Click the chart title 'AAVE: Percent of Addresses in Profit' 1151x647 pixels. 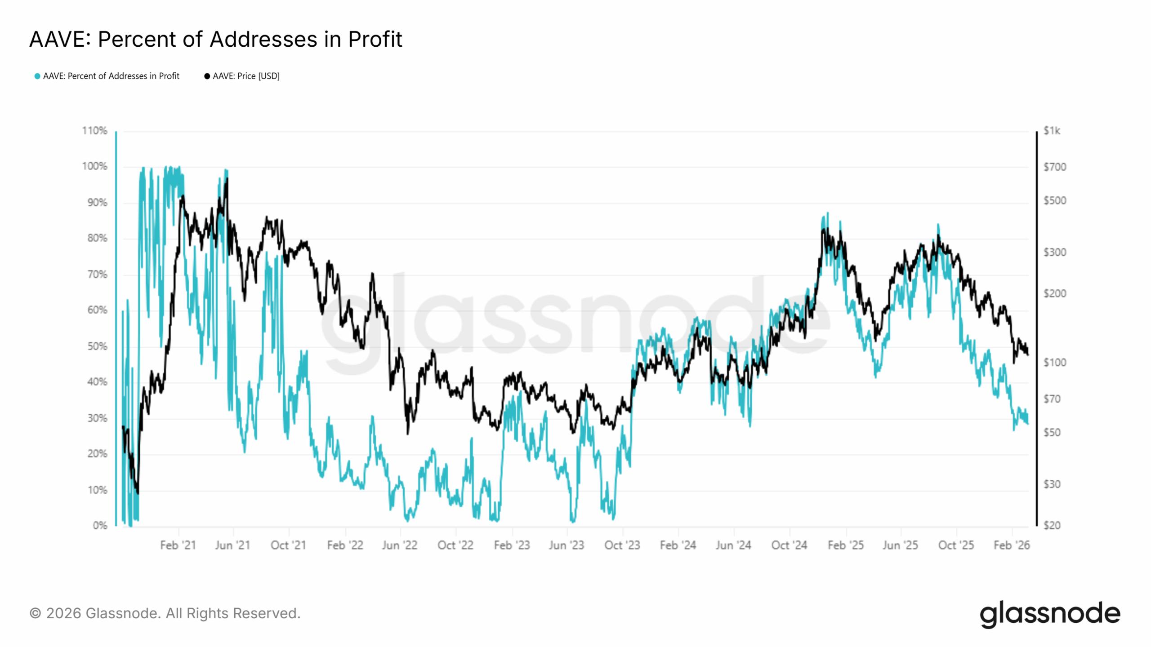[x=216, y=39]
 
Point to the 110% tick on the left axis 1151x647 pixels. [x=94, y=131]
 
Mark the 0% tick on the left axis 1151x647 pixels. [x=100, y=525]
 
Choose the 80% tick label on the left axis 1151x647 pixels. [x=97, y=238]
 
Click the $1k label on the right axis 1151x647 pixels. [x=1052, y=131]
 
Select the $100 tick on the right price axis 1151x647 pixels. [x=1054, y=362]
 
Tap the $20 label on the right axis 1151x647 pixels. [x=1052, y=525]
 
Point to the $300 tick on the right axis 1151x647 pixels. [x=1054, y=252]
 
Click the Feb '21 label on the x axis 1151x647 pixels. [x=178, y=545]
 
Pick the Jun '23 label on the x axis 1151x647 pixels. [x=567, y=545]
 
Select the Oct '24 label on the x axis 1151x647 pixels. [x=789, y=545]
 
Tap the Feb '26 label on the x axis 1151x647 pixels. [x=1012, y=545]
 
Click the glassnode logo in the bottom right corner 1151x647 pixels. [x=1050, y=614]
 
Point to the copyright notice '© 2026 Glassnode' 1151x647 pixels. [x=165, y=613]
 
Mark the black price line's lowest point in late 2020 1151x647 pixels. [x=138, y=493]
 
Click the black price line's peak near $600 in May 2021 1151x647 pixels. [x=227, y=179]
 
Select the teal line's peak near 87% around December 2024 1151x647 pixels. [x=828, y=213]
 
